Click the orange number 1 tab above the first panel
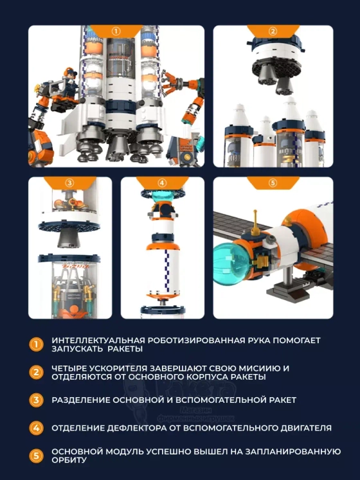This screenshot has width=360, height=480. coord(116,31)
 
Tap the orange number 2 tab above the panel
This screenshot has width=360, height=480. coord(273,31)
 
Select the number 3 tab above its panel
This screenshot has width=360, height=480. coord(70,183)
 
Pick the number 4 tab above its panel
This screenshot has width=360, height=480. coord(163,183)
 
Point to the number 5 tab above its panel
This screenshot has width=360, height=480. coord(273,183)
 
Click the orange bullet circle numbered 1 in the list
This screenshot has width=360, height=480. coord(36,344)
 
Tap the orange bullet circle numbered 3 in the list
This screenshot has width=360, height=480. coord(36,400)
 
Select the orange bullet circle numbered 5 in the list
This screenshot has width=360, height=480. coord(36,456)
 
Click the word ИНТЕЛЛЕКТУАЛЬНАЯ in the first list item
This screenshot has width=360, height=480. coord(98,341)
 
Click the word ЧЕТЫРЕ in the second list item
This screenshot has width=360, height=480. coord(67,368)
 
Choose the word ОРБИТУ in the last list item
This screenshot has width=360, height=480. coord(69,460)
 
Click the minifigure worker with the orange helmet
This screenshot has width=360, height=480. coord(70,84)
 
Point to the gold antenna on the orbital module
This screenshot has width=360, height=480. coord(255,222)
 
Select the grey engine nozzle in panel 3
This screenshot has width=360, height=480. coord(69,238)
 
